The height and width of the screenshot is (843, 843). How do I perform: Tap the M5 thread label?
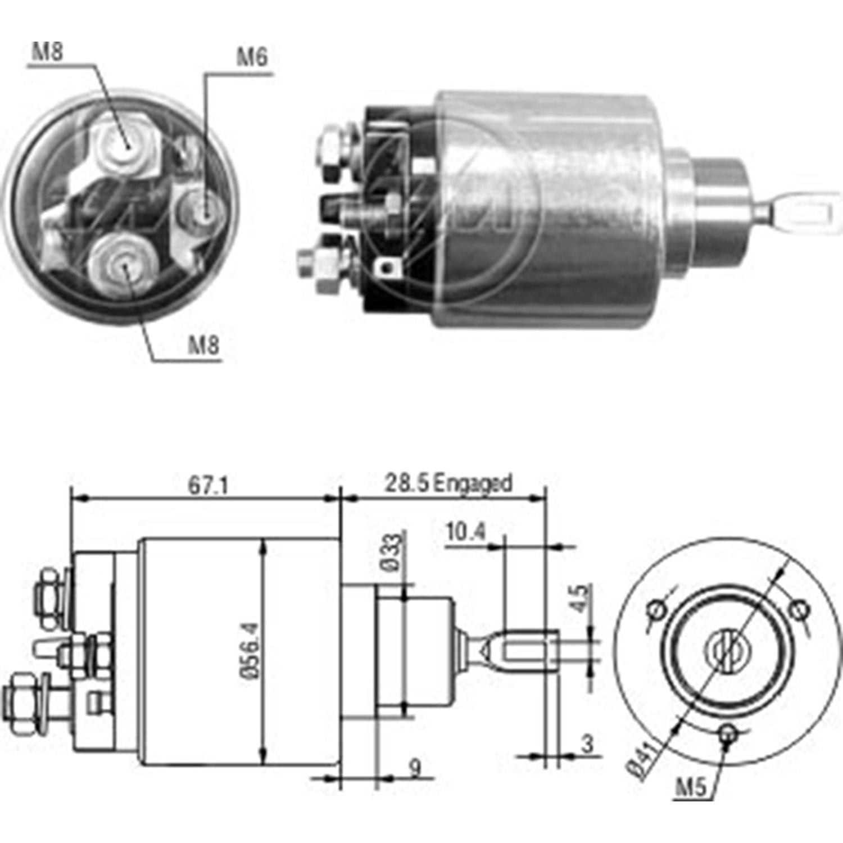point(690,787)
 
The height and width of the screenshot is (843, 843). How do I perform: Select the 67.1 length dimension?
point(207,485)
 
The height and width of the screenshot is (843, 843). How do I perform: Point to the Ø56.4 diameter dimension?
point(251,650)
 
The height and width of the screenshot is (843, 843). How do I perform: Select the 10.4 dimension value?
point(466,531)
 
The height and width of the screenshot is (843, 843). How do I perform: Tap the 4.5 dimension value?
point(581,599)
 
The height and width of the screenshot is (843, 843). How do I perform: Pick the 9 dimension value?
point(415,768)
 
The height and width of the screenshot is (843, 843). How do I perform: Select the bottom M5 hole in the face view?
point(728,733)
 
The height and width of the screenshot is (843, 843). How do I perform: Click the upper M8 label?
point(48,52)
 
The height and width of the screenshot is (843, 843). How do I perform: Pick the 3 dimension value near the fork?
point(587,744)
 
